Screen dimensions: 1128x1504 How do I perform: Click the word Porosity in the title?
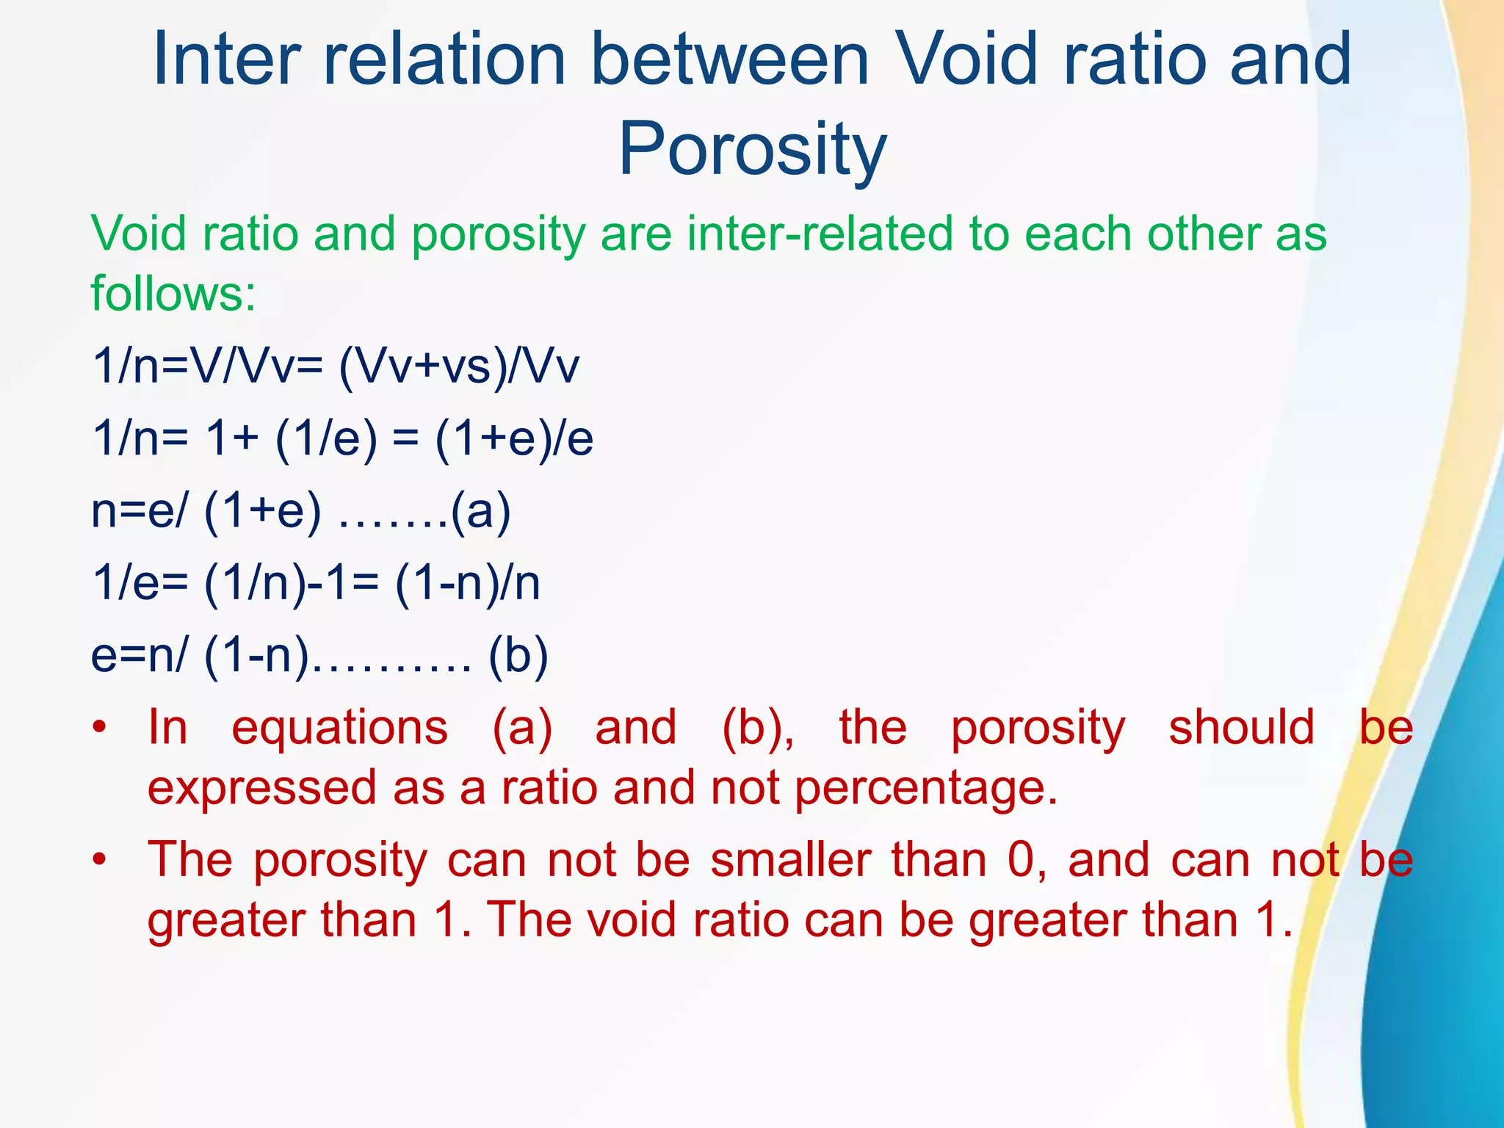coord(752,151)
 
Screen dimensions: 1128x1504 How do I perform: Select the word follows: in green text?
coord(173,293)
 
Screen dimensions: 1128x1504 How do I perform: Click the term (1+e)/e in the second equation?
coord(514,438)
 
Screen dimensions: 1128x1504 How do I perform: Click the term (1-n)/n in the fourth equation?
coord(467,583)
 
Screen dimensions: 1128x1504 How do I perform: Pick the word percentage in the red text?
coord(925,789)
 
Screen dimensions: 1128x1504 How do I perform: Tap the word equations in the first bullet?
coord(339,728)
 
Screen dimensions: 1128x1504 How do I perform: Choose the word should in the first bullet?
coord(1241,728)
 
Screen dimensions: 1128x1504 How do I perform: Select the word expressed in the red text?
coord(262,789)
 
